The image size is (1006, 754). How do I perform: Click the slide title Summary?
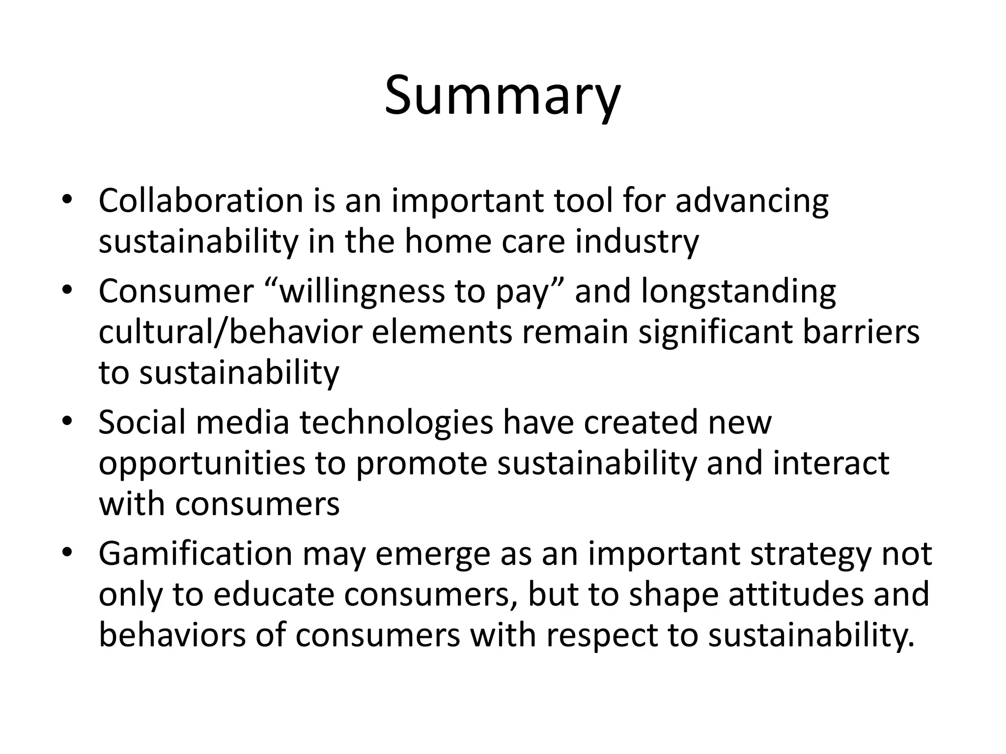click(x=503, y=96)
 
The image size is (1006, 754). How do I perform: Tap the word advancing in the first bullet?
click(x=752, y=202)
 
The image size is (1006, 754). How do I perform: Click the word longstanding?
click(x=738, y=292)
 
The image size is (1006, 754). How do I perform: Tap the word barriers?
click(x=861, y=332)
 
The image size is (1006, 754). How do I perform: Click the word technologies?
click(x=396, y=423)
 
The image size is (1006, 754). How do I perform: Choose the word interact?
click(x=831, y=463)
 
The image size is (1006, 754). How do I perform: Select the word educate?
click(x=271, y=594)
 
